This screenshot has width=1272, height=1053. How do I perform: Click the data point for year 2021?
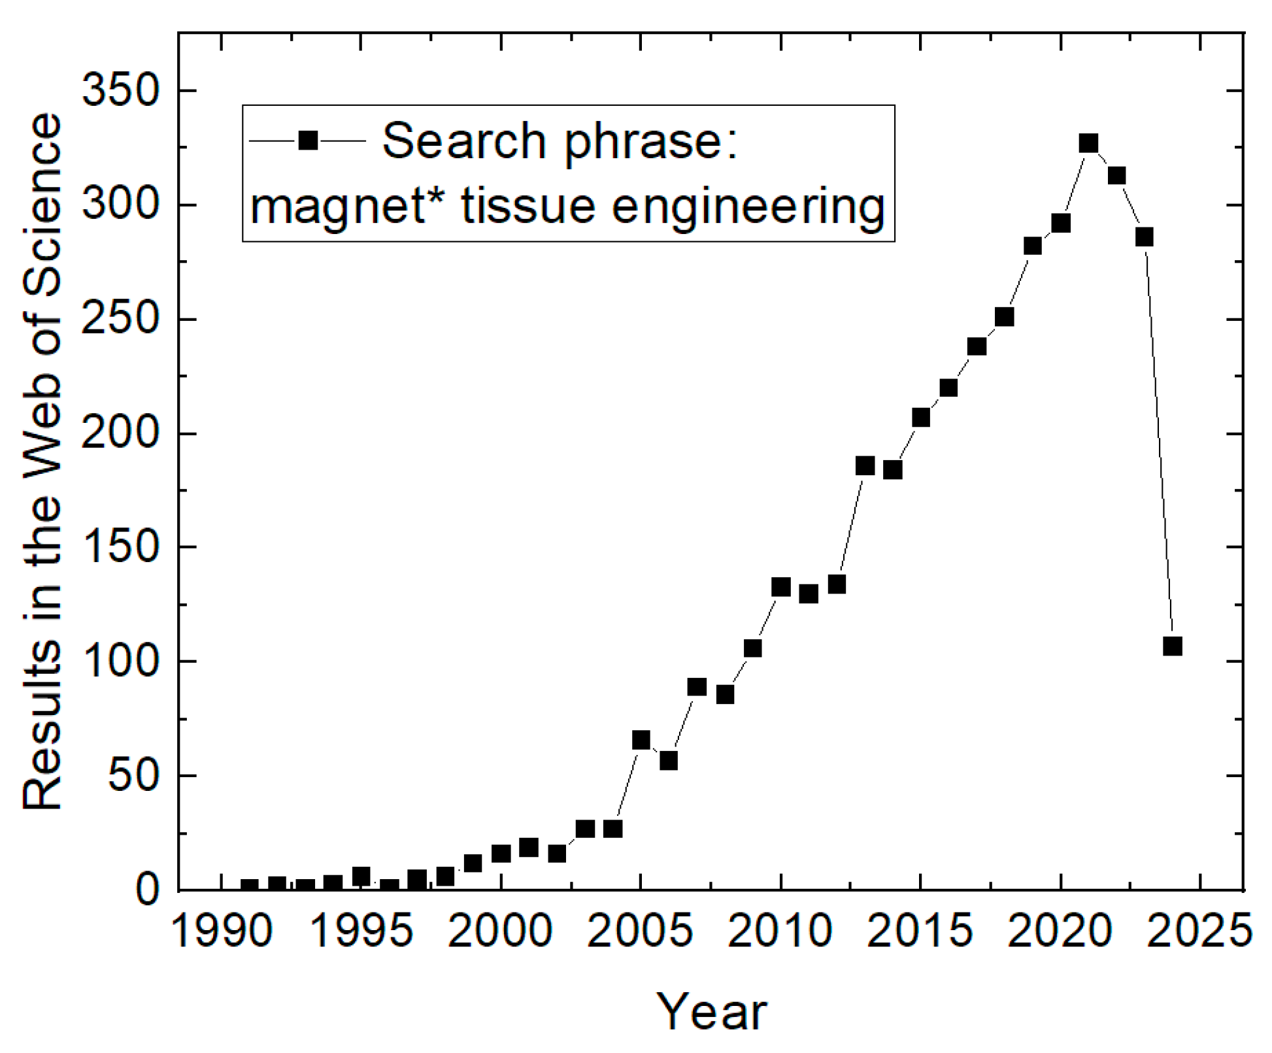coord(1088,144)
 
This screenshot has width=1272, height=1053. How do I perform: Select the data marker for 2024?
coord(1173,646)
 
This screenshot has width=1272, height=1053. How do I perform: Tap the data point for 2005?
coord(641,740)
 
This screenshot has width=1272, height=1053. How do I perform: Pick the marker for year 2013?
coord(865,466)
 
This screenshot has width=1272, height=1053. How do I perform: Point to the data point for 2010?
coord(780,587)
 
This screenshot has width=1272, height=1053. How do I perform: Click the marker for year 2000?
coord(501,854)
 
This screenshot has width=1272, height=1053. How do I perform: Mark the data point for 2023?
coord(1145,237)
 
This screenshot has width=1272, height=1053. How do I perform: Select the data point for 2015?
coord(920,418)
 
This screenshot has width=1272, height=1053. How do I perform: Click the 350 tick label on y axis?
coord(120,91)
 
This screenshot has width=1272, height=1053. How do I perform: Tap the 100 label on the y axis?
coord(120,661)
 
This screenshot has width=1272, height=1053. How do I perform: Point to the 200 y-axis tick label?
coord(120,433)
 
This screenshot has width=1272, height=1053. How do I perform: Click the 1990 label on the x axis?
coord(222,930)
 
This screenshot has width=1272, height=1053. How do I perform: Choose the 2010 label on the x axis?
coord(780,930)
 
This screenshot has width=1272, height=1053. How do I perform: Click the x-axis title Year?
coord(711,1012)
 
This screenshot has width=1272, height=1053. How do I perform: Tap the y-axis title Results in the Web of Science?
coord(42,461)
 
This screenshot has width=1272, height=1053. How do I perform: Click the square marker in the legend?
coord(308,141)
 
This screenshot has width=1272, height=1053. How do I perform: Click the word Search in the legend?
coord(464,141)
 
